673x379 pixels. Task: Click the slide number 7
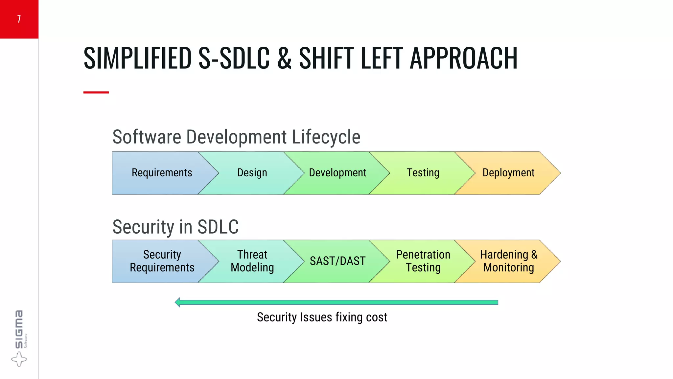point(19,19)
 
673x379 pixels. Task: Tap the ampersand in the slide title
point(284,58)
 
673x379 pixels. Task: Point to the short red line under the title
point(96,92)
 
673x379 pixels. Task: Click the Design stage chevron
point(252,173)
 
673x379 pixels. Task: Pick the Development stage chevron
point(337,173)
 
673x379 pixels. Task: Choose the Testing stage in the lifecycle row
point(423,173)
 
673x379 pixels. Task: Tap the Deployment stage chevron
point(508,173)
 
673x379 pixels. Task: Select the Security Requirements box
point(162,261)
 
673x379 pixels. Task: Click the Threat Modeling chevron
point(252,261)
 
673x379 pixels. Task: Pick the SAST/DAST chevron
point(337,261)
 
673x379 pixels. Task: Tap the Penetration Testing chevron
point(423,261)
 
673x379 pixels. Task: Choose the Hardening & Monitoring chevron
point(508,261)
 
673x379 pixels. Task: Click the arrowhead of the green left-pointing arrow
point(178,302)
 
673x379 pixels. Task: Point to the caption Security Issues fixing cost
point(322,317)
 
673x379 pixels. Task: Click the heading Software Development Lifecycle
point(236,137)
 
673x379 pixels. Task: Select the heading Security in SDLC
point(175,227)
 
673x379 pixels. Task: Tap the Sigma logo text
point(19,329)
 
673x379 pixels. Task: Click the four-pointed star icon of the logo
point(19,359)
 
